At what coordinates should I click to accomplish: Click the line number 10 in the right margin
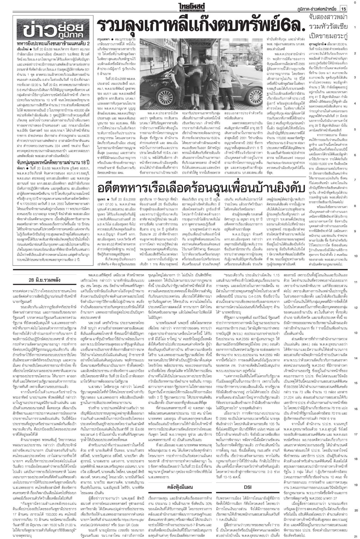point(355,256)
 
